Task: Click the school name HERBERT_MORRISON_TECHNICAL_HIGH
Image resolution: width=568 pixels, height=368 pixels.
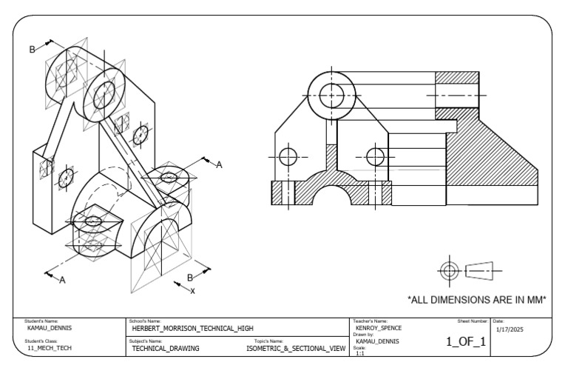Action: click(x=192, y=327)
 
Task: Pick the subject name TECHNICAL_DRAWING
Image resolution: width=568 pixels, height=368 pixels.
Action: click(x=165, y=347)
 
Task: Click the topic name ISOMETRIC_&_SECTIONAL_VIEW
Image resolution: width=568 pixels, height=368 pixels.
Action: click(x=296, y=347)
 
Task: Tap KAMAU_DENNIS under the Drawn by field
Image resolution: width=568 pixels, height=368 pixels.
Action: click(x=377, y=341)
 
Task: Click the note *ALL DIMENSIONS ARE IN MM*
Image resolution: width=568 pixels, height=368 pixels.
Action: click(x=477, y=300)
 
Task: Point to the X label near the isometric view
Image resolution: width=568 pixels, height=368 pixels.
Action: click(x=193, y=291)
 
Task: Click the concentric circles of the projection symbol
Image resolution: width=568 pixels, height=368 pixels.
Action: click(x=449, y=270)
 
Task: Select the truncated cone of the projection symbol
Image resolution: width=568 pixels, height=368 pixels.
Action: click(x=479, y=270)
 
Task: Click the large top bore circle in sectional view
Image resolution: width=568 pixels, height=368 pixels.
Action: click(x=331, y=93)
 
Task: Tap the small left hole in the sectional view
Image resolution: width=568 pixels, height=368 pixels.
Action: click(x=288, y=156)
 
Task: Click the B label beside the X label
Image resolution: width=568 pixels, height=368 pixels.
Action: click(x=190, y=278)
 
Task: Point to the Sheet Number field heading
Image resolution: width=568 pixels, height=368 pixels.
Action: click(x=473, y=321)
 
